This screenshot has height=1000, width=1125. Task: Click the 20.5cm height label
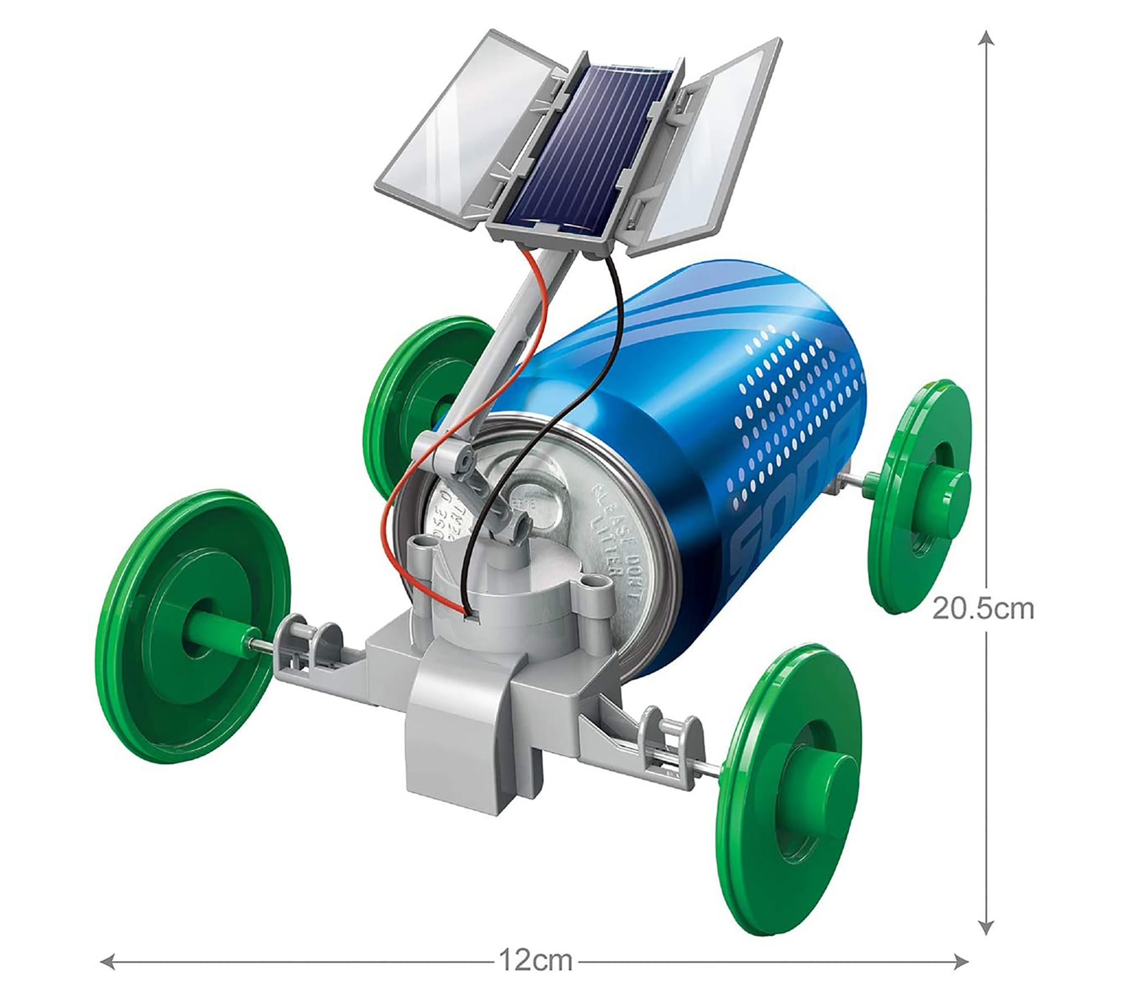click(x=983, y=609)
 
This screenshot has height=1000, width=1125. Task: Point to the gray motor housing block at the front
click(x=472, y=726)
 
